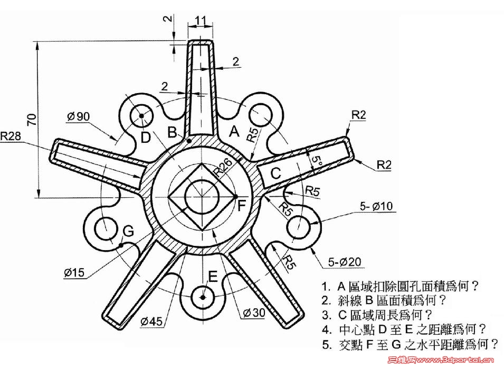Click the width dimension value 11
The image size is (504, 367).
[201, 21]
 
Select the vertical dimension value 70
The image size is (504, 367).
[32, 120]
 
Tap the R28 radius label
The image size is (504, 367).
[12, 135]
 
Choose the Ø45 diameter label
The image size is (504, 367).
[153, 319]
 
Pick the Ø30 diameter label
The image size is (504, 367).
[252, 313]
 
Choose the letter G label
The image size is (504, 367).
[128, 231]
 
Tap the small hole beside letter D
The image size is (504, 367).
[142, 116]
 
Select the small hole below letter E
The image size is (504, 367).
[202, 297]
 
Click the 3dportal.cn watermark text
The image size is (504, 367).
[454, 361]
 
